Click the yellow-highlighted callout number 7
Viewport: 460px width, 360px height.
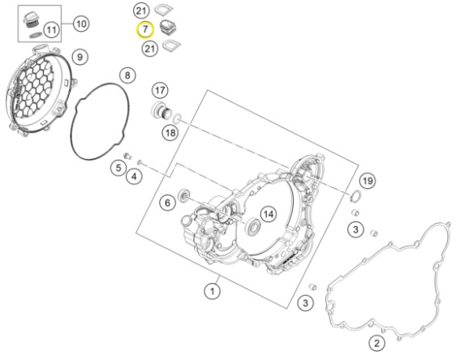click(145, 30)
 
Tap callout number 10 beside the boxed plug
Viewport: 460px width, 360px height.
click(81, 24)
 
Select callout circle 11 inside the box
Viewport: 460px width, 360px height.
click(52, 30)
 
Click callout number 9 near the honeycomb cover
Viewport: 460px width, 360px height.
click(80, 57)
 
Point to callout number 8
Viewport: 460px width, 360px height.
click(127, 75)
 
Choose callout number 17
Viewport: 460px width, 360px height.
click(160, 90)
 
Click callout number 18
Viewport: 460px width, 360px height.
click(170, 134)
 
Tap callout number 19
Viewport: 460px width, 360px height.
click(368, 181)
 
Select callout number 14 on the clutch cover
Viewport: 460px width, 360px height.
click(269, 214)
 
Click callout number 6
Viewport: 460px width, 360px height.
click(167, 203)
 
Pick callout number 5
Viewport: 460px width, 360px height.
click(118, 168)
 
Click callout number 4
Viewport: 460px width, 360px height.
click(134, 177)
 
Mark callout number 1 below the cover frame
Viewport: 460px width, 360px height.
click(212, 291)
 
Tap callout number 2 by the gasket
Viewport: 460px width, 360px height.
click(376, 343)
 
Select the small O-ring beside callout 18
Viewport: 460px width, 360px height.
click(177, 118)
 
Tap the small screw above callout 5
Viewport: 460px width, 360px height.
click(127, 156)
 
